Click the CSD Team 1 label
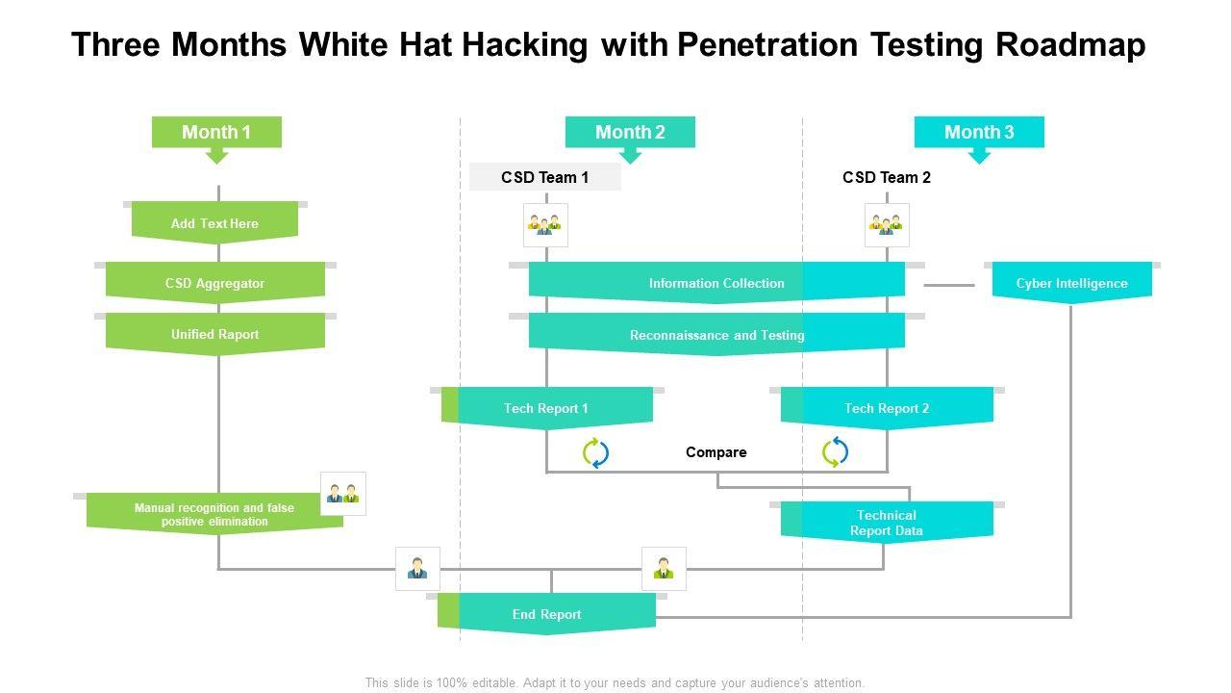pos(544,177)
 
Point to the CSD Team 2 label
pos(887,177)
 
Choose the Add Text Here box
pos(214,222)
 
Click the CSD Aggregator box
pos(214,283)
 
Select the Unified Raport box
pos(214,334)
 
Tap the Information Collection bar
pos(716,283)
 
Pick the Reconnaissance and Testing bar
pos(716,334)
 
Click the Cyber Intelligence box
pos(1071,283)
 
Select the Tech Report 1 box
pos(547,408)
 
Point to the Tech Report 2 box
pos(887,408)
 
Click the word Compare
pos(716,452)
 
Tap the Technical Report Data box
pos(887,523)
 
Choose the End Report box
pos(546,614)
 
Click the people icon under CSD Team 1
pos(545,225)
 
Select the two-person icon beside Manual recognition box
pos(343,494)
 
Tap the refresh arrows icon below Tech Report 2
pos(835,452)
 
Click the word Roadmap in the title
pos(1071,44)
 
